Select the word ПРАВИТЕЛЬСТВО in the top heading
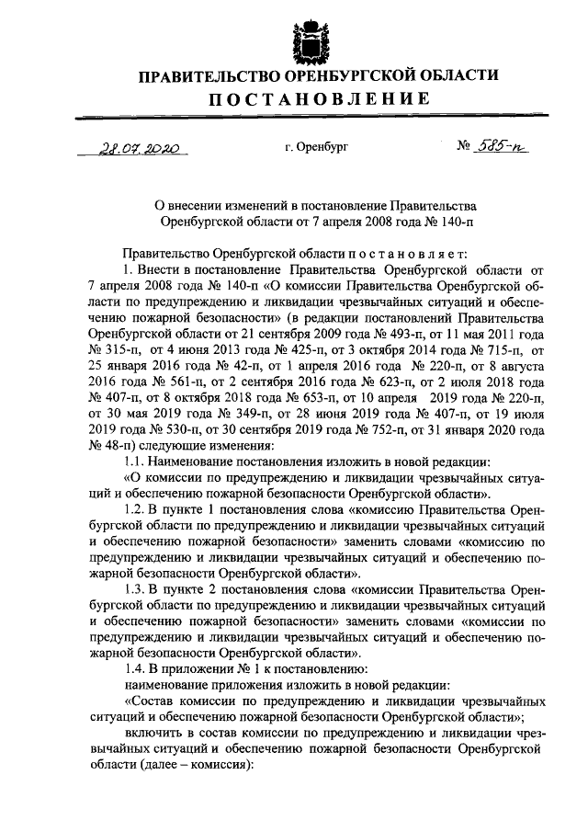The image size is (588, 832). coord(202,75)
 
